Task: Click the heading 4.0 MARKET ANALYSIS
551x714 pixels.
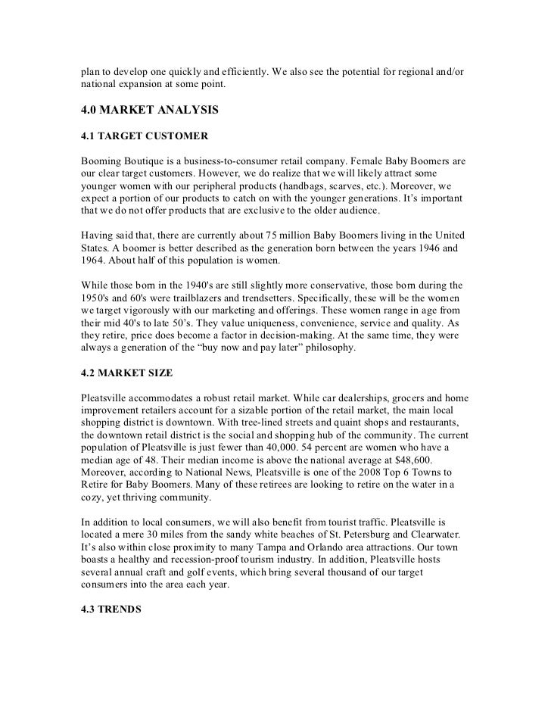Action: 150,111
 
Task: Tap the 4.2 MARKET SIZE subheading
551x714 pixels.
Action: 127,373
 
